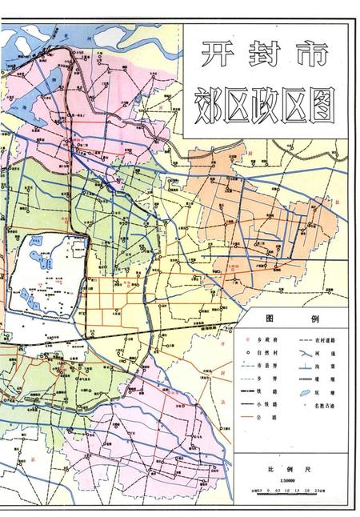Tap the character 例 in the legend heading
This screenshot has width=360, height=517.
coord(314,319)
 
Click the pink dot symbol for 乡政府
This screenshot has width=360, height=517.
coord(249,339)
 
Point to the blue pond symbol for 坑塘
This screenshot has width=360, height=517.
coord(305,393)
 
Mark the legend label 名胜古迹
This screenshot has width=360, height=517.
coord(324,407)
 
